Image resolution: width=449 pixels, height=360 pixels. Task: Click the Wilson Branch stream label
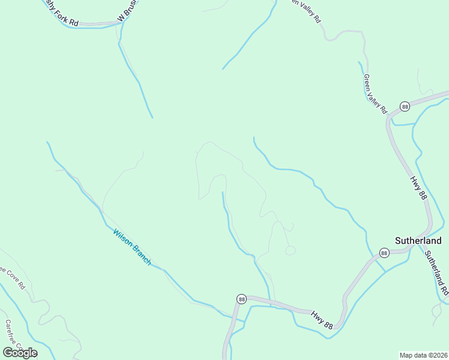click(x=131, y=247)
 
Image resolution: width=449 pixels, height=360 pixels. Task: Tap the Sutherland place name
click(x=418, y=241)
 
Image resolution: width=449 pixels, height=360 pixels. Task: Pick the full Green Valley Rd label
click(x=376, y=94)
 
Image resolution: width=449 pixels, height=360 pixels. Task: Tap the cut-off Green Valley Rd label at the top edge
click(x=306, y=11)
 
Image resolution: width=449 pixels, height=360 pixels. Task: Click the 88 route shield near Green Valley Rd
click(x=405, y=106)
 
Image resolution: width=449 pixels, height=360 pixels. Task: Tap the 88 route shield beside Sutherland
click(x=384, y=253)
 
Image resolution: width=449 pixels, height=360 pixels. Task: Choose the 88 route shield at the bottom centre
click(x=241, y=299)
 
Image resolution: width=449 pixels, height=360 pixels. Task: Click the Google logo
click(x=20, y=352)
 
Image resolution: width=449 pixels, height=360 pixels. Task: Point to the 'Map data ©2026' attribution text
click(x=423, y=355)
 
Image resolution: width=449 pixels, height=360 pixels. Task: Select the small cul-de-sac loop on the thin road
click(x=291, y=250)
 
